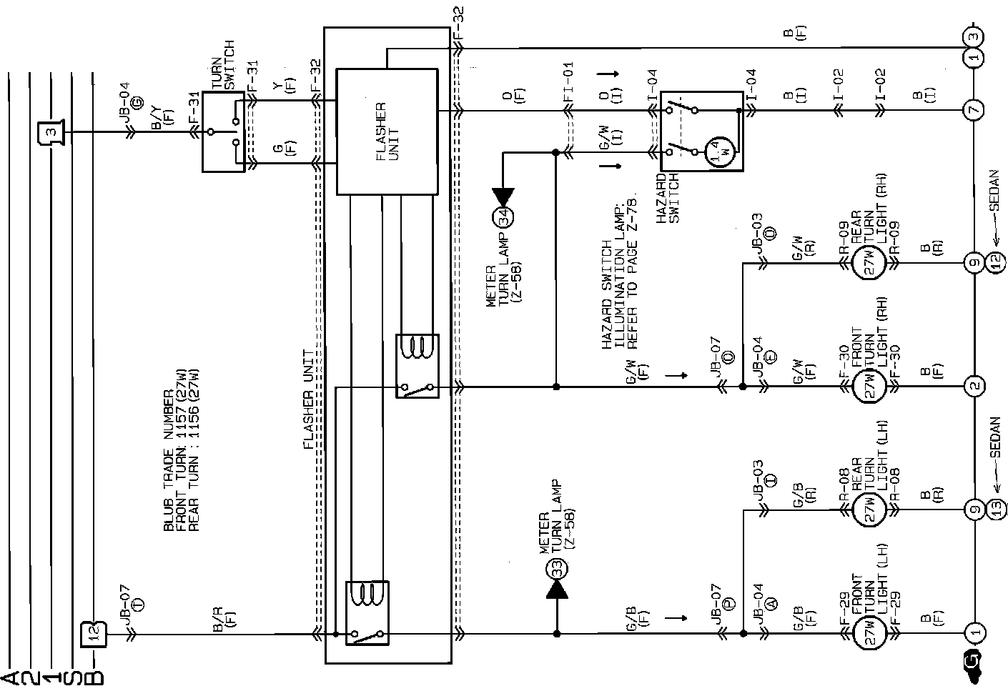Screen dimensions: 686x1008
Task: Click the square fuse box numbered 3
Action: [50, 132]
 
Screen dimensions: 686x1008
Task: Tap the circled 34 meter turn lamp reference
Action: [503, 218]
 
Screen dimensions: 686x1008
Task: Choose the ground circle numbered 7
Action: [974, 111]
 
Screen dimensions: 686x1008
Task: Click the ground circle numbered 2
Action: [974, 387]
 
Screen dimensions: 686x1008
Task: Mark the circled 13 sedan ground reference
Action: [996, 510]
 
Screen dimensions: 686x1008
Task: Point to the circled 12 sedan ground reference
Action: [996, 262]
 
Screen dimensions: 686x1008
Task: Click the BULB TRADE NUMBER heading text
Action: [169, 457]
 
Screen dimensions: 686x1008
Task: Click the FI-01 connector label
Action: [569, 83]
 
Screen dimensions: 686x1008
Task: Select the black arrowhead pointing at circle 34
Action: [503, 195]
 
